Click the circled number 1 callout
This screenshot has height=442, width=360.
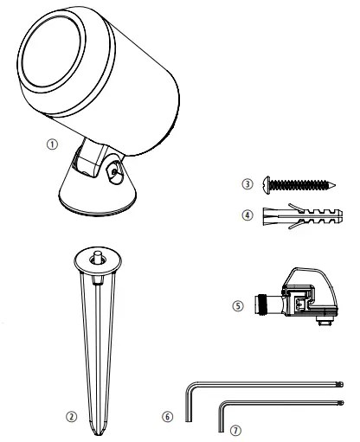(x=53, y=145)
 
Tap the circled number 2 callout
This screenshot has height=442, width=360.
(x=73, y=416)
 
